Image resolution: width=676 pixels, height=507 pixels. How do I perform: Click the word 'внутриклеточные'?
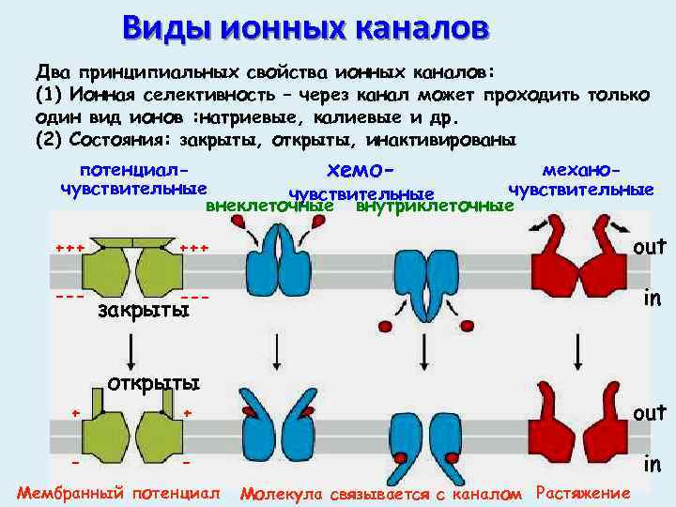click(x=433, y=205)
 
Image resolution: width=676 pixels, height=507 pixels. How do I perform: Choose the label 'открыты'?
click(x=154, y=383)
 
